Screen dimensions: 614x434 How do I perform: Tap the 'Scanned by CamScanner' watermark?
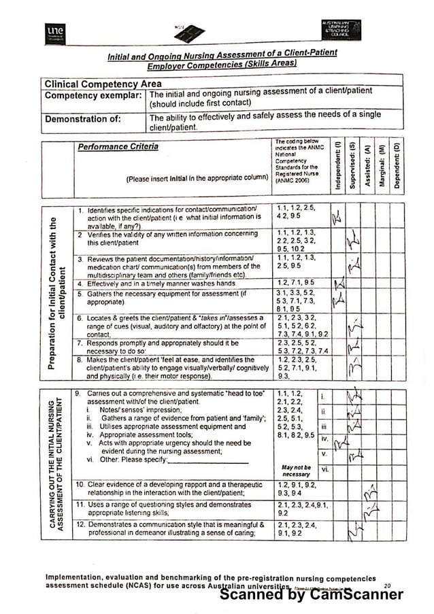(312, 594)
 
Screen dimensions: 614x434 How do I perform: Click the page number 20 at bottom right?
(387, 585)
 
